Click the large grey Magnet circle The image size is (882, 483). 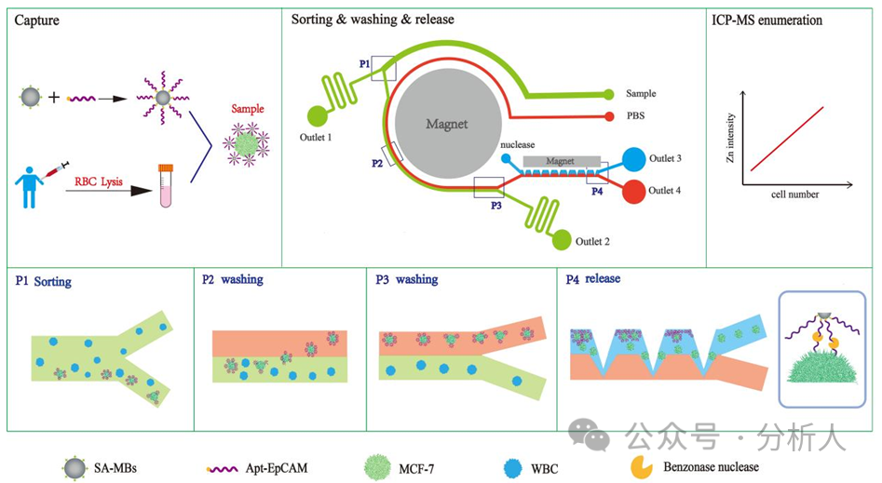pyautogui.click(x=445, y=124)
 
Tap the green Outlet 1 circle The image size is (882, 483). pyautogui.click(x=317, y=116)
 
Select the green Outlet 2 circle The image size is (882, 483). pyautogui.click(x=561, y=240)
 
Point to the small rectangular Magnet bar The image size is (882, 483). pyautogui.click(x=560, y=161)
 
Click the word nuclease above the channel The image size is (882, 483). pyautogui.click(x=517, y=145)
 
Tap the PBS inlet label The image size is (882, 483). pyautogui.click(x=638, y=116)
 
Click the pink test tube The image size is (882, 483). pyautogui.click(x=166, y=185)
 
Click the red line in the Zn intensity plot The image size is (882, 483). pyautogui.click(x=787, y=139)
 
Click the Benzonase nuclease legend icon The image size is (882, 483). pyautogui.click(x=642, y=467)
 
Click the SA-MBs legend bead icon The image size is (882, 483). pyautogui.click(x=75, y=467)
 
